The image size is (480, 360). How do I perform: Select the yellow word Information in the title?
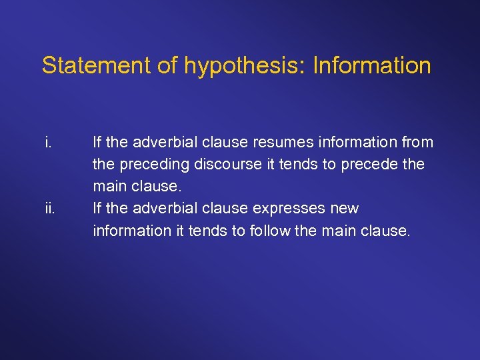tap(372, 65)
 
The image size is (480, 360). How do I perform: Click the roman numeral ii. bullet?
tap(49, 209)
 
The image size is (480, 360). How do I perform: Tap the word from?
tap(417, 142)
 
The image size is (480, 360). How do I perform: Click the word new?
tap(344, 209)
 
